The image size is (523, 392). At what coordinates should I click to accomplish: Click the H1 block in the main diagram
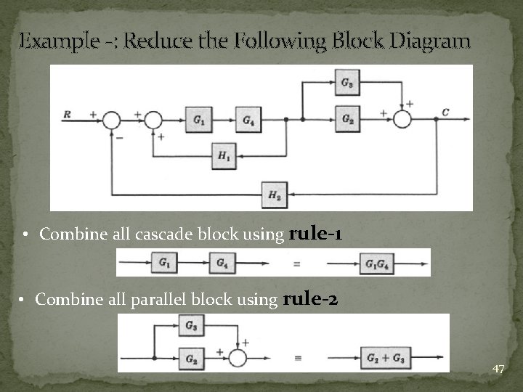pos(224,157)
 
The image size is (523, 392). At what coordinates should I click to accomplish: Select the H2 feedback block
pos(275,194)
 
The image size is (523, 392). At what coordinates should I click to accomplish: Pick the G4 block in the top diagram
pos(248,119)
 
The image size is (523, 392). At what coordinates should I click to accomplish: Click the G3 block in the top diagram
pos(347,83)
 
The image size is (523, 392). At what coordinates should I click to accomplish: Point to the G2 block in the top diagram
pos(347,118)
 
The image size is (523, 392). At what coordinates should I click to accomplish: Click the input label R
pos(68,113)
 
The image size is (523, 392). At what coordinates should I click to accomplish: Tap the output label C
pos(445,112)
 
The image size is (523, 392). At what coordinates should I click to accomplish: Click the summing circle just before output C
pos(402,118)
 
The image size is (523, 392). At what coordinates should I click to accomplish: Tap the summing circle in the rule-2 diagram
pos(238,358)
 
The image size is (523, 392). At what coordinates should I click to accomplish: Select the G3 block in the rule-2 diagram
pos(190,325)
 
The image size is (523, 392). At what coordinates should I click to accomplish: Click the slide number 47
pos(498,369)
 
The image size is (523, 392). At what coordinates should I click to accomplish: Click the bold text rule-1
pos(316,234)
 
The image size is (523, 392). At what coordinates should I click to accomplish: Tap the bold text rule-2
pos(309,298)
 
